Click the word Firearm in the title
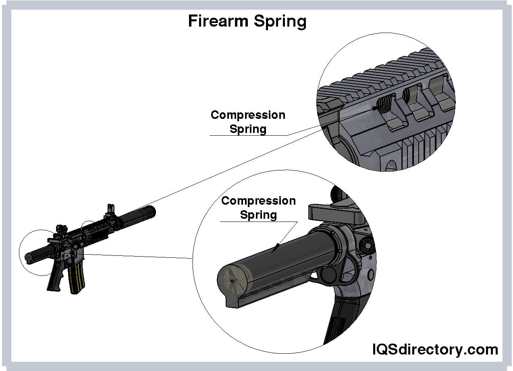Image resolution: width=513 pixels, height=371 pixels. (218, 21)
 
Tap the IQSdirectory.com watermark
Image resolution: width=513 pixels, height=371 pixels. (435, 349)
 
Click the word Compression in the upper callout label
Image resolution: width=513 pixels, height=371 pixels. (248, 115)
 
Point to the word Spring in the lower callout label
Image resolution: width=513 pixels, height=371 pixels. (258, 215)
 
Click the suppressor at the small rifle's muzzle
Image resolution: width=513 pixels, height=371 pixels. (139, 217)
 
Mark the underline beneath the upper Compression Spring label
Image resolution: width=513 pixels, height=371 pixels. (248, 136)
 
